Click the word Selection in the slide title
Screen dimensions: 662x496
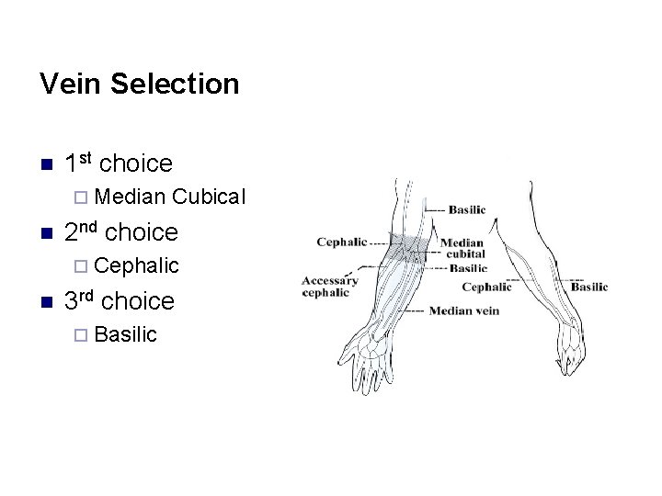pos(175,85)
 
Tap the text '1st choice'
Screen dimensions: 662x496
pos(119,163)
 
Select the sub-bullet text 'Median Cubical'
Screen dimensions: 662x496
pos(170,197)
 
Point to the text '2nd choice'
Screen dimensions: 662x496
pos(121,232)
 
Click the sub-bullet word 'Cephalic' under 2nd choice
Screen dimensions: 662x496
pos(136,265)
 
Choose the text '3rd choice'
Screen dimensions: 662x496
pos(120,301)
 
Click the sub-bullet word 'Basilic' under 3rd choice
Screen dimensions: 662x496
pos(125,334)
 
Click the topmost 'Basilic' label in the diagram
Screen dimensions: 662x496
pos(467,209)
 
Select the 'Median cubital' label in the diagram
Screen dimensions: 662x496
pos(462,249)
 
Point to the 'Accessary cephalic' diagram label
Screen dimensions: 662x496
pos(329,287)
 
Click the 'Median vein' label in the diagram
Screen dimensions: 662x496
pos(463,310)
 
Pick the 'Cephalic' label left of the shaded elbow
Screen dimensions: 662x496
pos(341,242)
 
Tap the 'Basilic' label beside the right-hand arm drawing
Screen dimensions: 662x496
pos(588,287)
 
